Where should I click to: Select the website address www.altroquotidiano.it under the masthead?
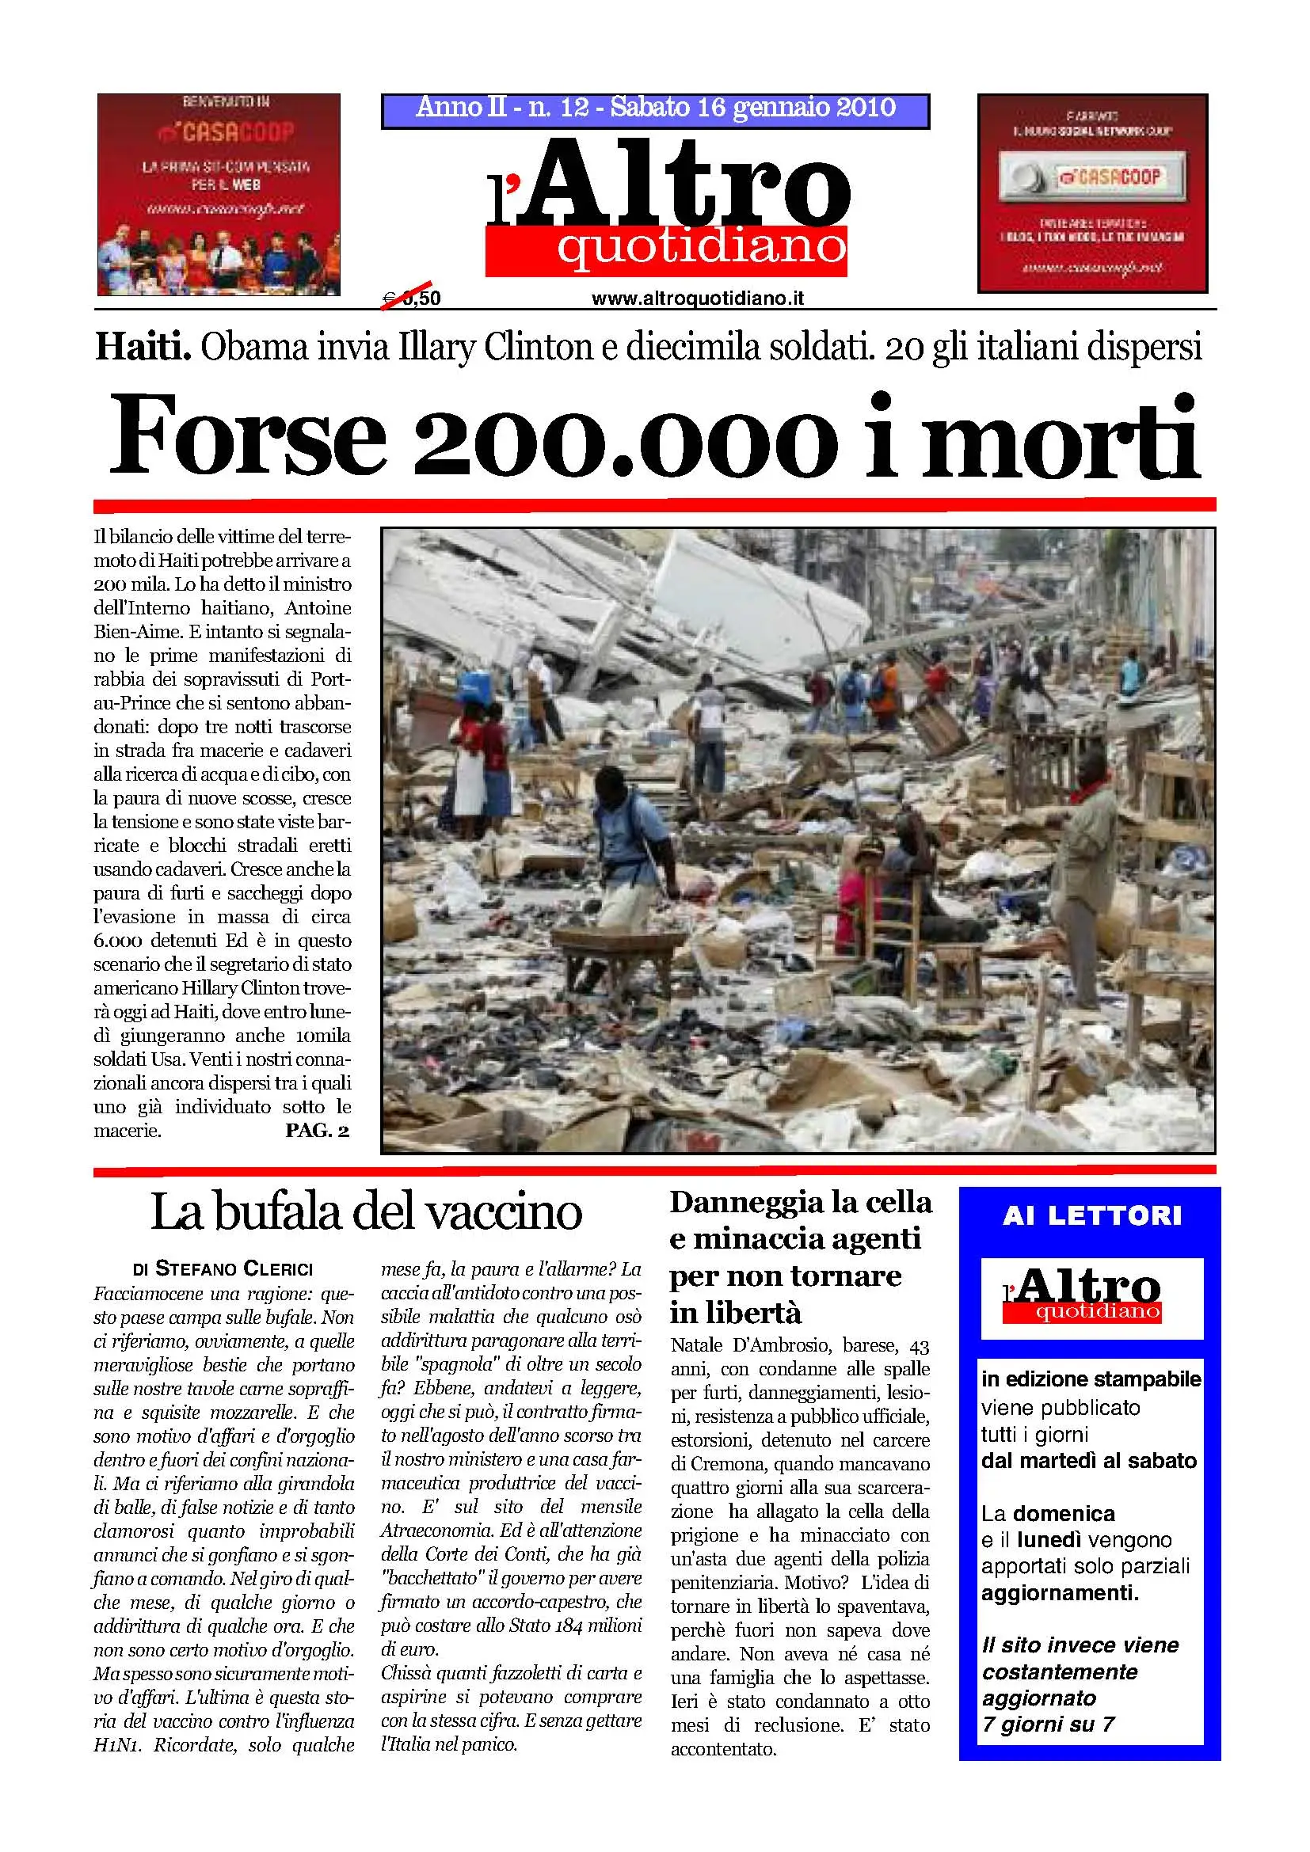pyautogui.click(x=698, y=299)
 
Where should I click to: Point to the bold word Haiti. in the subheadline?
pyautogui.click(x=143, y=348)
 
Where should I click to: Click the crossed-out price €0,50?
pyautogui.click(x=412, y=299)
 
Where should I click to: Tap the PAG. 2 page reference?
pyautogui.click(x=317, y=1130)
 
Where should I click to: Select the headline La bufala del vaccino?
pyautogui.click(x=366, y=1211)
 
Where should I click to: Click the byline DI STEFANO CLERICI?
pyautogui.click(x=223, y=1268)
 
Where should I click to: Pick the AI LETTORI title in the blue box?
pyautogui.click(x=1092, y=1215)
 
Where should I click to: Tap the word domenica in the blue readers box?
pyautogui.click(x=1064, y=1513)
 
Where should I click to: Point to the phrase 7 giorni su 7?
pyautogui.click(x=1049, y=1725)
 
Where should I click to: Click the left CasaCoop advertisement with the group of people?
pyautogui.click(x=219, y=193)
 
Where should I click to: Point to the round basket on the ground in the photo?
pyautogui.click(x=621, y=941)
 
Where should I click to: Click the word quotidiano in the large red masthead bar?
pyautogui.click(x=701, y=248)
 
